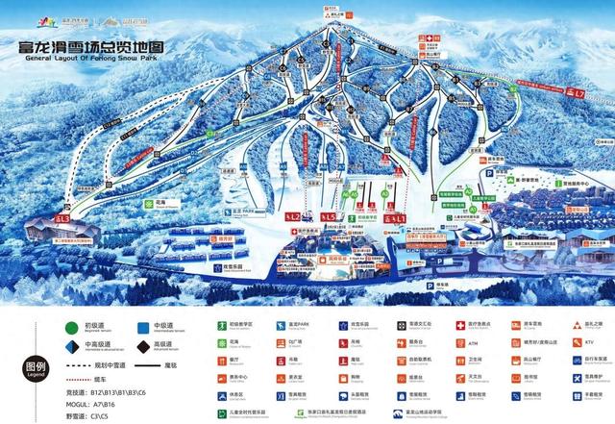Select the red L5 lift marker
click(329, 217)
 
